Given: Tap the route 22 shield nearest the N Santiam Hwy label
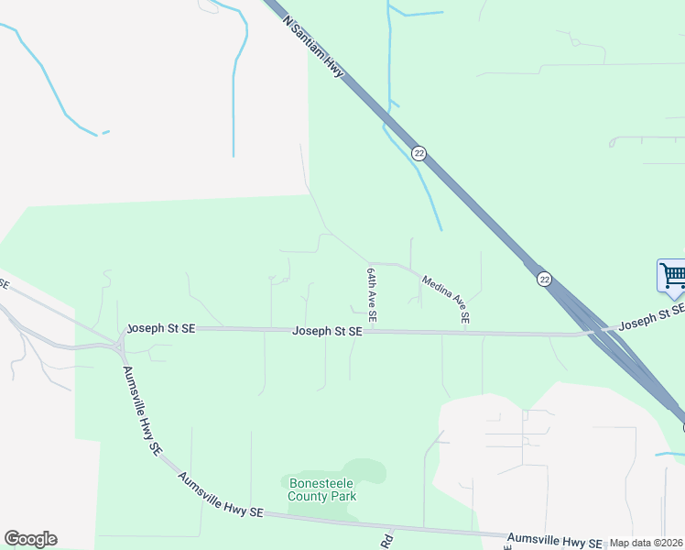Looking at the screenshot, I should coord(419,153).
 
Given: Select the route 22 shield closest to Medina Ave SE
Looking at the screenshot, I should coord(544,280).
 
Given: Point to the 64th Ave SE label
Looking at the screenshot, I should coord(372,293).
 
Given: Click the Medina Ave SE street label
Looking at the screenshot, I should coord(446,299).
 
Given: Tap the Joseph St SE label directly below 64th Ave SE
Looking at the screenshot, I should coord(327,331).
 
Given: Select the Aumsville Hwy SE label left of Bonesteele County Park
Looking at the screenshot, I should coord(220,495).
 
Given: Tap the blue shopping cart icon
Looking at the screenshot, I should coord(671,276).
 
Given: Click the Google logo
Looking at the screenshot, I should coord(30,539).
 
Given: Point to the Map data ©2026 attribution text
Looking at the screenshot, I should coord(646,543).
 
